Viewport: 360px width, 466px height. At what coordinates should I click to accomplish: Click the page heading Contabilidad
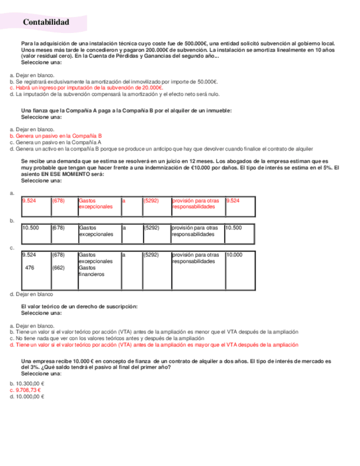tap(46, 23)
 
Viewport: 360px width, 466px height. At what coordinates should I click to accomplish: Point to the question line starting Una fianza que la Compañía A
tap(126, 110)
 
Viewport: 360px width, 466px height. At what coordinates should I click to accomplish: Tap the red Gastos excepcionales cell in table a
tap(96, 204)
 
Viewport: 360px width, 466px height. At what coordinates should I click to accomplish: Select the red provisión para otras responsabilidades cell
tap(195, 204)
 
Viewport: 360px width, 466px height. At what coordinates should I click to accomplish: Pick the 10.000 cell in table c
tap(234, 255)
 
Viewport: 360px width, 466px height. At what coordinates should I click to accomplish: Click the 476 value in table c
tap(30, 268)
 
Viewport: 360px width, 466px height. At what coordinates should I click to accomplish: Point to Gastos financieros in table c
tap(92, 271)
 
